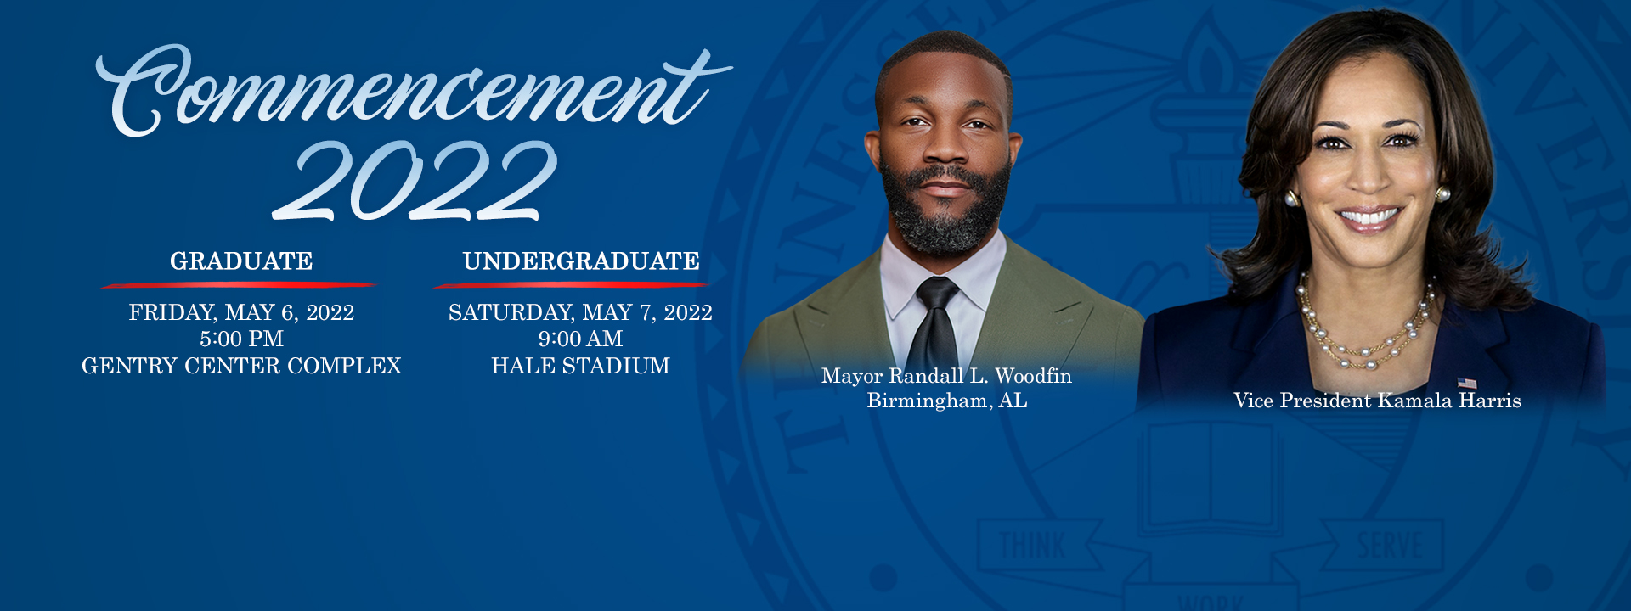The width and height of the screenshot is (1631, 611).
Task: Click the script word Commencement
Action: click(414, 92)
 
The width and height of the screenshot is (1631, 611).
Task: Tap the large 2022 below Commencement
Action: click(415, 180)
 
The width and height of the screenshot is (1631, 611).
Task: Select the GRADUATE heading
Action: click(241, 261)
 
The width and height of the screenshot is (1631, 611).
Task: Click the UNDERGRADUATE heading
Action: click(581, 261)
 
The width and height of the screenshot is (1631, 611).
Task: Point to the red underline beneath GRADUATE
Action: click(239, 284)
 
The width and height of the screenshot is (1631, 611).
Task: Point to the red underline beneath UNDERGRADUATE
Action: click(571, 284)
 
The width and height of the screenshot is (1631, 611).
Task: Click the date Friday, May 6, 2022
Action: click(241, 313)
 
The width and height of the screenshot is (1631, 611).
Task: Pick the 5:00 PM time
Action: click(241, 339)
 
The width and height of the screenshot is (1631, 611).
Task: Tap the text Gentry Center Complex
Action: click(241, 366)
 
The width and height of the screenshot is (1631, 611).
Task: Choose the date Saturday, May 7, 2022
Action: click(580, 313)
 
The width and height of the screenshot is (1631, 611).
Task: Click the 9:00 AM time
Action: click(580, 339)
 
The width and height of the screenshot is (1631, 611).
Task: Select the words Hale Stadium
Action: click(580, 366)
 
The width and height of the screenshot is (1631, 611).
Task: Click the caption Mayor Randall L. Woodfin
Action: click(946, 377)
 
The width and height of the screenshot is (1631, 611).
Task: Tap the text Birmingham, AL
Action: click(947, 401)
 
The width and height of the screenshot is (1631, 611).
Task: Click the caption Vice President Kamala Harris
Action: click(1377, 401)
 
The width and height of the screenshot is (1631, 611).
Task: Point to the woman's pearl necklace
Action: click(1365, 327)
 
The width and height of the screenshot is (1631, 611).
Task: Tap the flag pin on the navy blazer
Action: click(1467, 384)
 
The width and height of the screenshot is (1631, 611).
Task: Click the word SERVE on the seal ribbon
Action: click(1389, 546)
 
